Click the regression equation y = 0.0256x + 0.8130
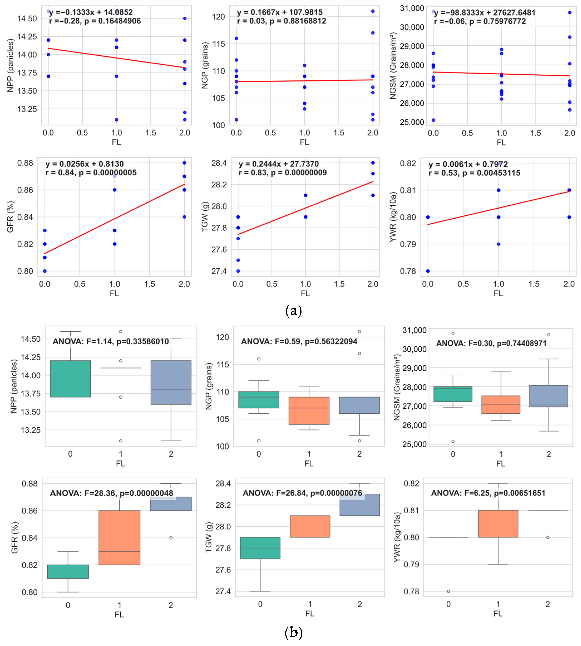tap(84, 164)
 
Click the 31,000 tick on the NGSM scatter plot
tap(412, 8)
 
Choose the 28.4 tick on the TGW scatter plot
tap(219, 163)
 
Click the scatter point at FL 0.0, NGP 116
tap(236, 38)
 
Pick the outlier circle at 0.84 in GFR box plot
tap(171, 538)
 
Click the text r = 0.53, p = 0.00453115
tap(474, 173)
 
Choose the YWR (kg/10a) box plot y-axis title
tap(397, 537)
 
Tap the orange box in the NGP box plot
tap(309, 411)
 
